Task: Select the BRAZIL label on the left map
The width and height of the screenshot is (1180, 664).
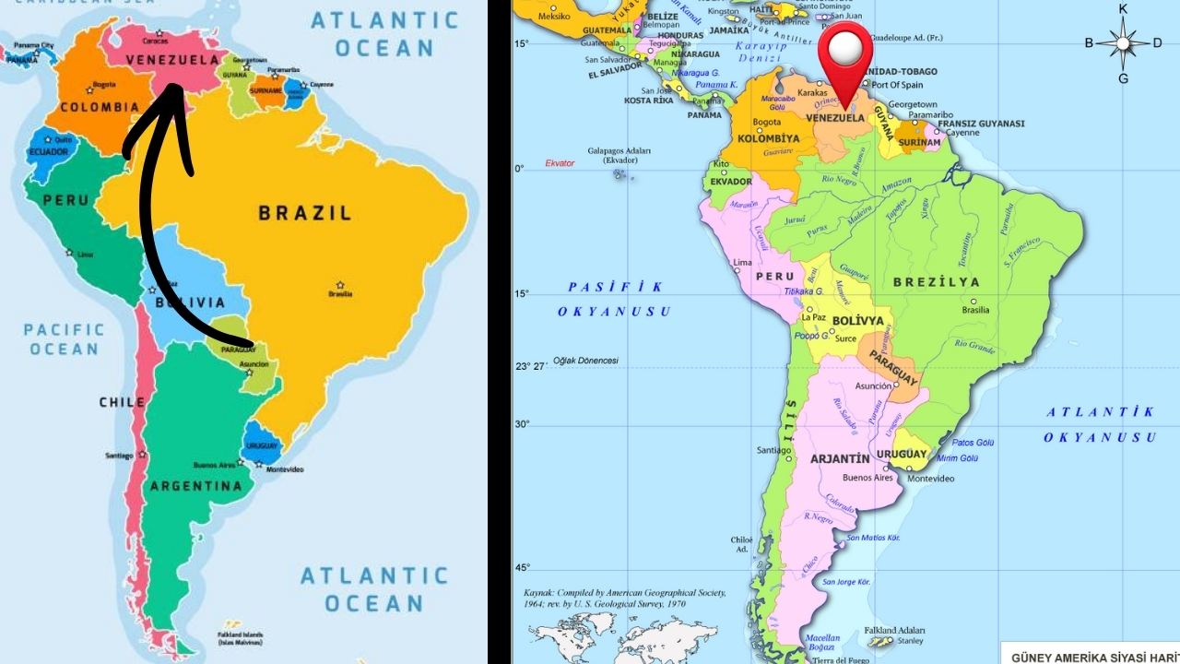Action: pyautogui.click(x=304, y=213)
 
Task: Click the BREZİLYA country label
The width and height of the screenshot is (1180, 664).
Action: pyautogui.click(x=936, y=282)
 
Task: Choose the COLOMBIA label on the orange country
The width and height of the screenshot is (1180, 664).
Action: pyautogui.click(x=100, y=107)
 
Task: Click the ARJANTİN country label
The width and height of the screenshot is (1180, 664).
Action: pyautogui.click(x=839, y=458)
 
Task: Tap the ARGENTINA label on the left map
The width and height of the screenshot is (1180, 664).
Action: pyautogui.click(x=195, y=486)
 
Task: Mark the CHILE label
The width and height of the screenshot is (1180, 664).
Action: pyautogui.click(x=123, y=402)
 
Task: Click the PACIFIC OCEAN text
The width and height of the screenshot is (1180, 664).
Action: pyautogui.click(x=64, y=338)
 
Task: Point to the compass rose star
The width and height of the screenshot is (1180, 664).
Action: pyautogui.click(x=1123, y=43)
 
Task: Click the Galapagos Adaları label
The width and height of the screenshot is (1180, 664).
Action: pyautogui.click(x=619, y=155)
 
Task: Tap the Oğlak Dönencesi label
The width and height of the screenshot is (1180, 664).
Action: pyautogui.click(x=586, y=361)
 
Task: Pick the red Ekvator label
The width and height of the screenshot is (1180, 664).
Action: pyautogui.click(x=559, y=163)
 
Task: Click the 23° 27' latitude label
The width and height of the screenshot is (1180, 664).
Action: pyautogui.click(x=532, y=366)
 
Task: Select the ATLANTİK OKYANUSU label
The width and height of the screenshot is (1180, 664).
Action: pyautogui.click(x=1100, y=424)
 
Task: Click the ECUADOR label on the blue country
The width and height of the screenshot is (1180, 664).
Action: pyautogui.click(x=48, y=152)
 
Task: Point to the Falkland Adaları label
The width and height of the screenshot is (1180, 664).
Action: pyautogui.click(x=894, y=631)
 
